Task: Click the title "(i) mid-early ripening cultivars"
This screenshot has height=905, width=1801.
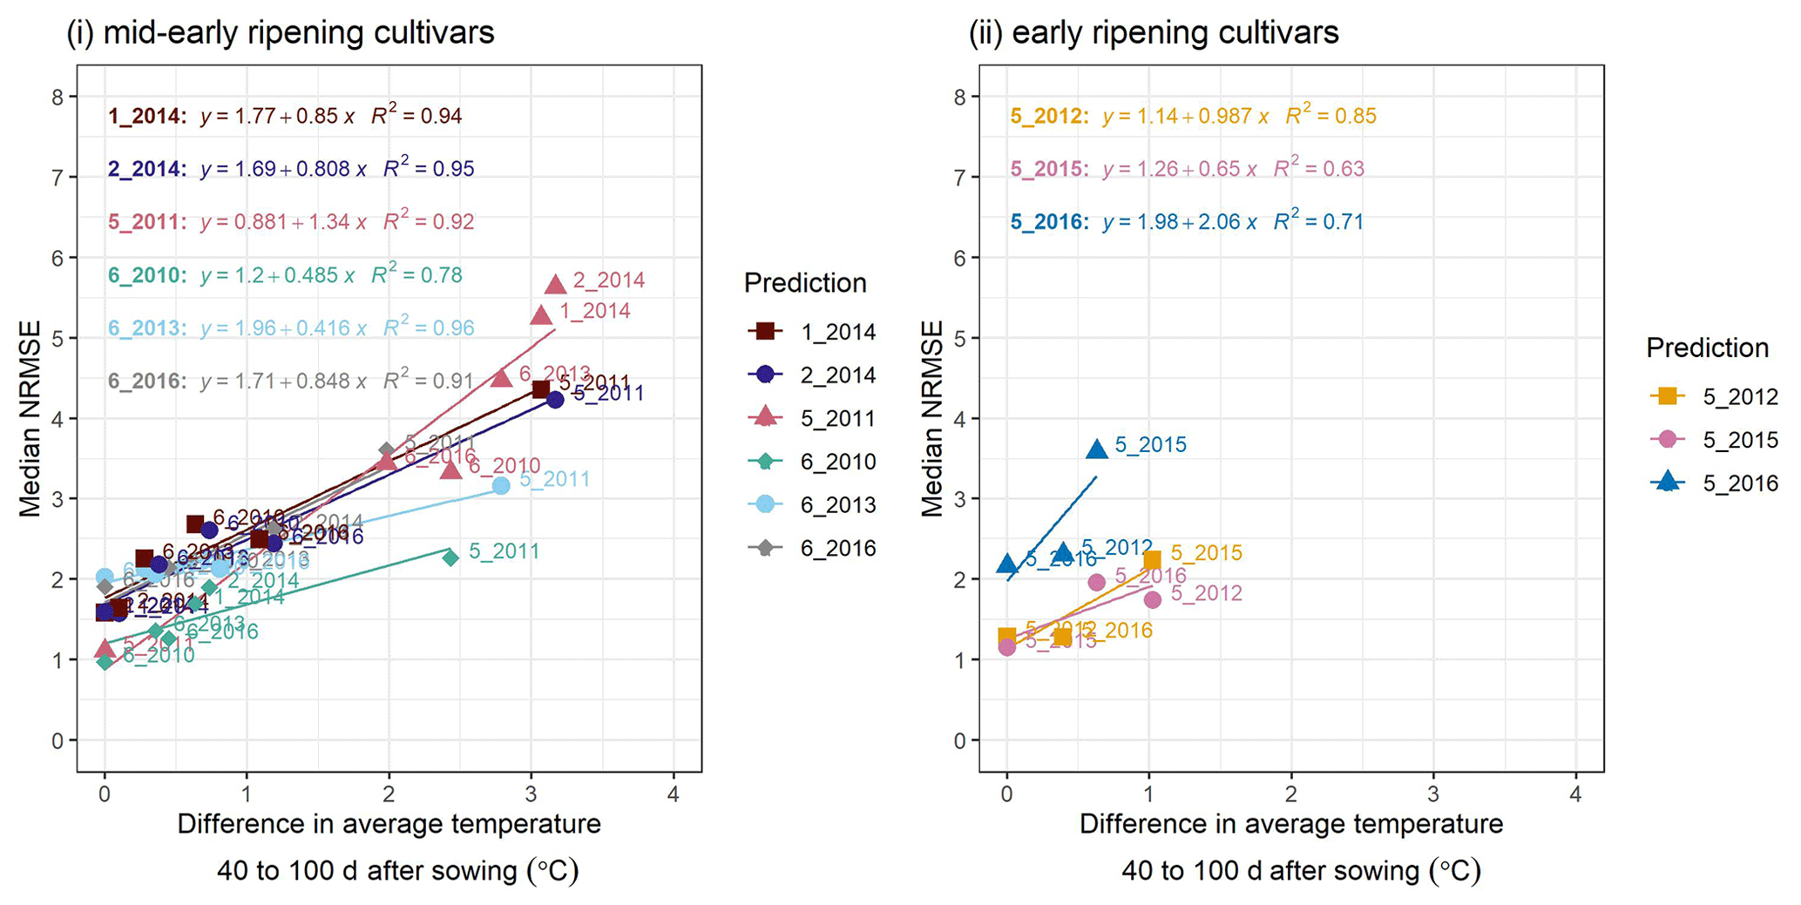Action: [x=281, y=33]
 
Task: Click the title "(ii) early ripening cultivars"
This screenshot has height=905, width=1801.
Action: [x=1154, y=33]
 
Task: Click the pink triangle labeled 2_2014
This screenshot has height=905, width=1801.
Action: [x=556, y=284]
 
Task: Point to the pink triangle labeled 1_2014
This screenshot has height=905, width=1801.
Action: [x=541, y=314]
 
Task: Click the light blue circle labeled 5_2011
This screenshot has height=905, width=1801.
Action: [x=501, y=486]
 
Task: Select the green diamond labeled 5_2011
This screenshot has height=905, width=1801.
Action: [x=450, y=557]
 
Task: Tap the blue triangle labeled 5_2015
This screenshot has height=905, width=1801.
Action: [x=1097, y=449]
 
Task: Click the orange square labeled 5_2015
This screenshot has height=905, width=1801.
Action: [x=1152, y=560]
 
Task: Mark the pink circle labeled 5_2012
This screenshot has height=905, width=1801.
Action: [x=1152, y=599]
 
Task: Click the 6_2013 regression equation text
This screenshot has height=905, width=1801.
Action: [x=291, y=328]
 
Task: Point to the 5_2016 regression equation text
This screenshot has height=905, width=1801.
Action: [x=1187, y=222]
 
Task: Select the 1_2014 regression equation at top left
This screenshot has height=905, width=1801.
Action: [x=285, y=116]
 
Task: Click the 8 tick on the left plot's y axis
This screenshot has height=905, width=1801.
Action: [x=58, y=97]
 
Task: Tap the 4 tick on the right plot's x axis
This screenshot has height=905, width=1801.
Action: [x=1575, y=795]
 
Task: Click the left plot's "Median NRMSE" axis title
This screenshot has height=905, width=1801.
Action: [x=31, y=419]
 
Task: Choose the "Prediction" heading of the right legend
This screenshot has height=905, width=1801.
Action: [x=1707, y=348]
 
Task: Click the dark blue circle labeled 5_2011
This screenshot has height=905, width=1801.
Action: [x=555, y=399]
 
